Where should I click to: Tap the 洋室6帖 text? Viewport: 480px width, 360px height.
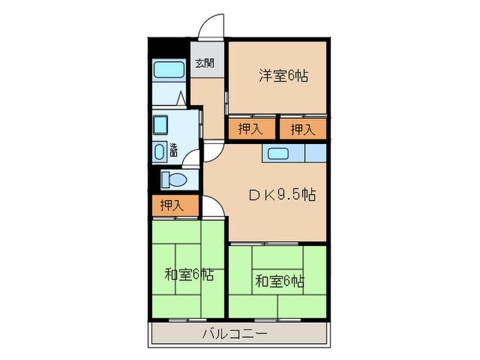[x=283, y=75]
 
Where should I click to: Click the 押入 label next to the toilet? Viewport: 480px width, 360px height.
[x=171, y=204]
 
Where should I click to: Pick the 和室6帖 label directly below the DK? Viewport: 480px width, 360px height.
[x=280, y=280]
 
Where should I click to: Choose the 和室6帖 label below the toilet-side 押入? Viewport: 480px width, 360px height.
[x=189, y=276]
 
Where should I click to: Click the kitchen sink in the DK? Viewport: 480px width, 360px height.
[x=280, y=153]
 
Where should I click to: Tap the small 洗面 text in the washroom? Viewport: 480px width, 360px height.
[x=173, y=150]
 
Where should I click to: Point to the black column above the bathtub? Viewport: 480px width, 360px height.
[x=169, y=49]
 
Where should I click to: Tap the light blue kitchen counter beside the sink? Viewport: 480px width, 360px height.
[x=315, y=153]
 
